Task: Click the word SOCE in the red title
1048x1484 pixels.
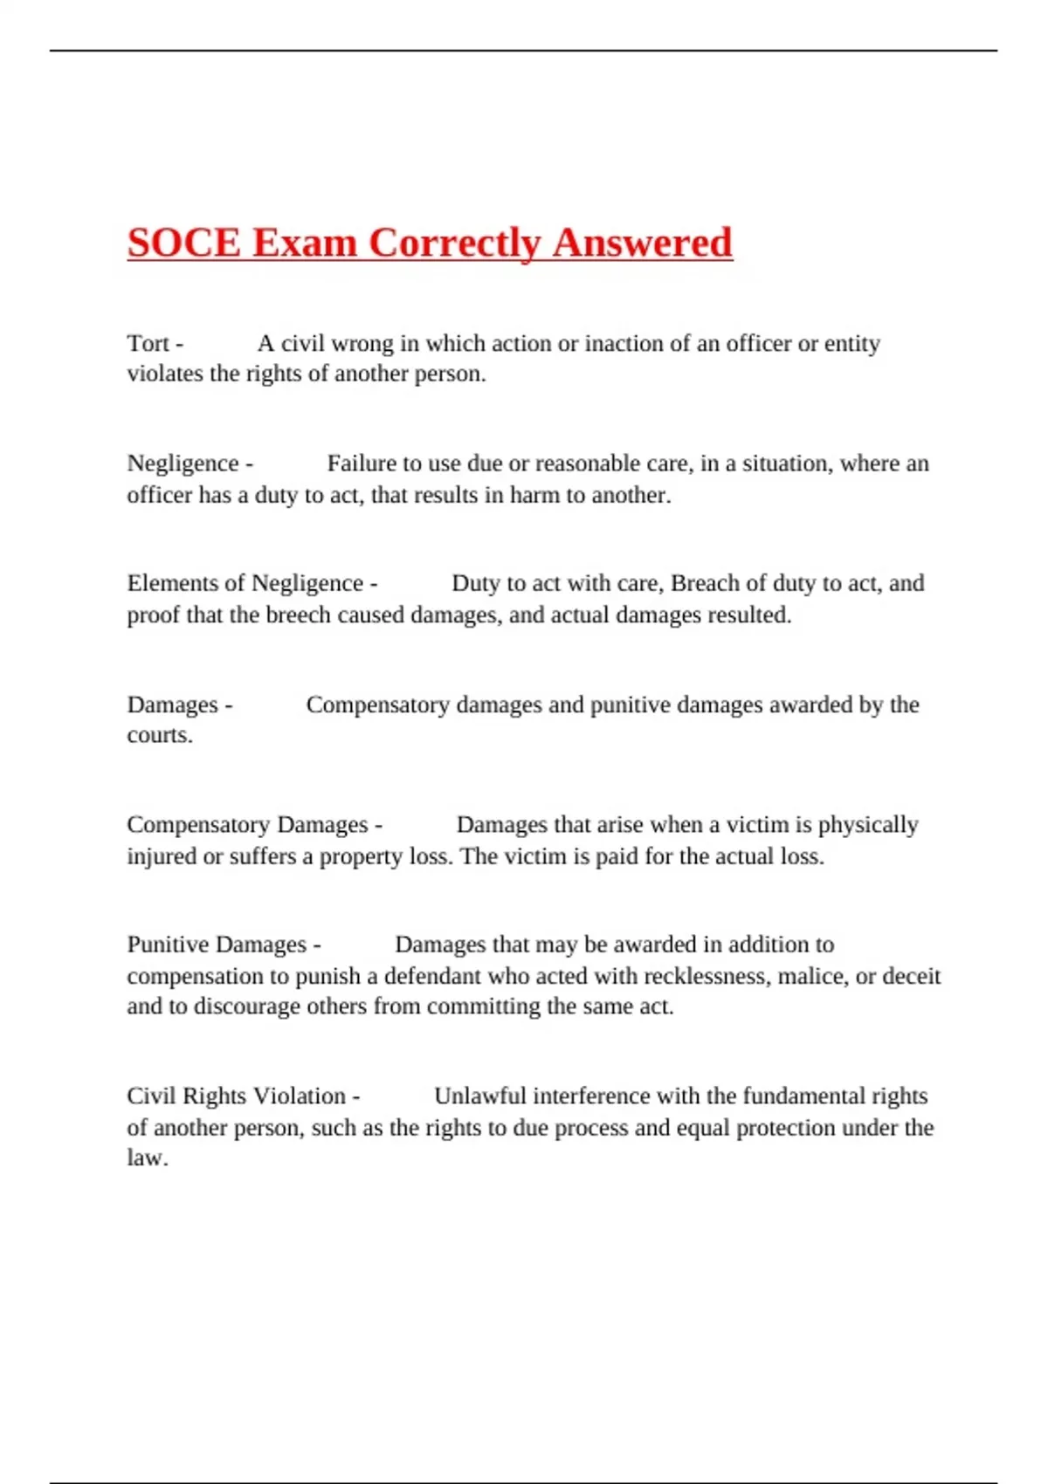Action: click(183, 243)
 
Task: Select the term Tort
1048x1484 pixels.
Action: click(148, 343)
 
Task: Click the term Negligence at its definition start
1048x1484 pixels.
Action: click(183, 464)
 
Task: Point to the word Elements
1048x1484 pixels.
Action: click(170, 583)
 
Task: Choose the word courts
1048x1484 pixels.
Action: click(158, 735)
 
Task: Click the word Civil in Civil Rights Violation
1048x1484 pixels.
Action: click(150, 1096)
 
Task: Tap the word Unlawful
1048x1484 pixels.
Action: click(479, 1096)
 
